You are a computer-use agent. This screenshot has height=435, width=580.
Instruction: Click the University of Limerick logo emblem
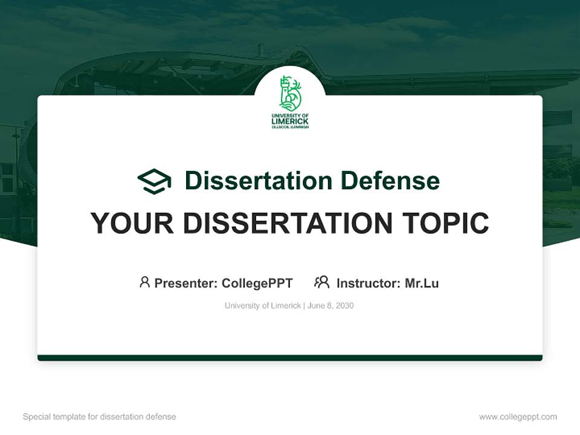[x=290, y=93]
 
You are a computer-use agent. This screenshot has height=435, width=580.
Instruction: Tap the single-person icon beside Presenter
[x=144, y=282]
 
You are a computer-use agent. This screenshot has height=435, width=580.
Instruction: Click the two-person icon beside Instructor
[x=321, y=282]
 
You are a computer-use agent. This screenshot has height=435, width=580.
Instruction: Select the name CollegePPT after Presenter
[x=257, y=283]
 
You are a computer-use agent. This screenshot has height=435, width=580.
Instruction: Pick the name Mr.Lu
[x=422, y=283]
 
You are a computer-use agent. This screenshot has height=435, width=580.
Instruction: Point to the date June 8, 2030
[x=330, y=306]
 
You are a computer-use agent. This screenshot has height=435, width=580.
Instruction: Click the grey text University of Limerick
[x=263, y=306]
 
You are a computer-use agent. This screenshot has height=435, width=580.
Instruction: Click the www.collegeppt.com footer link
[x=518, y=417]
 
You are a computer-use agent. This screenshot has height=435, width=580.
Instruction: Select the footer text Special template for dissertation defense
[x=100, y=417]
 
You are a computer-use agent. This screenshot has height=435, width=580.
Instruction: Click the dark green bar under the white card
[x=290, y=358]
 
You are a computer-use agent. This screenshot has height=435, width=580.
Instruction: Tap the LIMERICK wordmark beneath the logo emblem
[x=290, y=121]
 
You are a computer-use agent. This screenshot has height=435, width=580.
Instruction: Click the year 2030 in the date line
[x=345, y=306]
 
